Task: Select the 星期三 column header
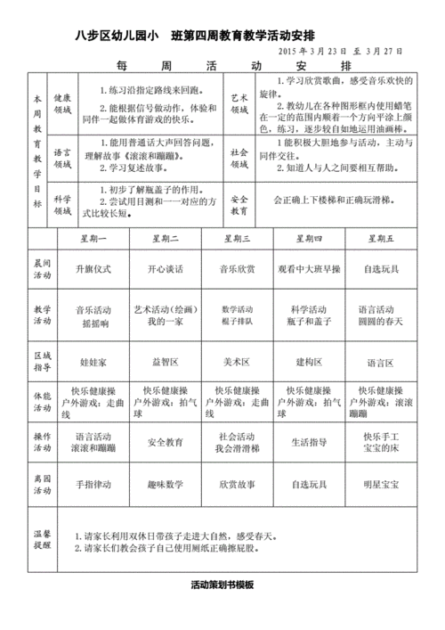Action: (235, 239)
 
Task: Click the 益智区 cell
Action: (166, 363)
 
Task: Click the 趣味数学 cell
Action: (166, 484)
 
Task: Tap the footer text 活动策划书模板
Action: (222, 585)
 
